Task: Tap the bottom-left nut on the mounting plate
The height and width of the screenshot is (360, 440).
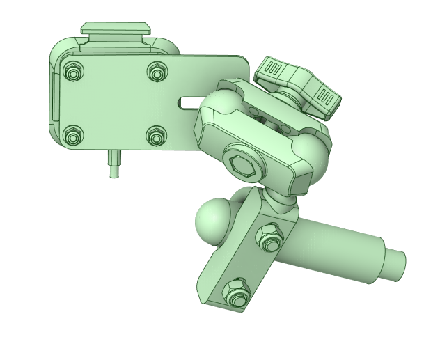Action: (73, 136)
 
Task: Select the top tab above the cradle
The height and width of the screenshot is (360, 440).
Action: (116, 29)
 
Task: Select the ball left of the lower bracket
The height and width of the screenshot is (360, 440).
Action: (213, 218)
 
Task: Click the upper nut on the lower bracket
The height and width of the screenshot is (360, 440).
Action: (269, 237)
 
